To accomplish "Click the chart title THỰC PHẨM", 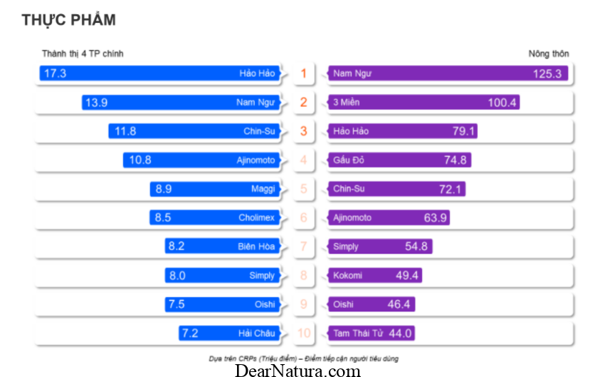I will [x=68, y=21].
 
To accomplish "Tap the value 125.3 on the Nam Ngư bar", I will [x=547, y=73].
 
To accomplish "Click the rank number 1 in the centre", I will [x=304, y=73].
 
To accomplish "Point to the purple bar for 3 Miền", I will [x=423, y=103].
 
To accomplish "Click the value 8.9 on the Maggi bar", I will [x=163, y=189].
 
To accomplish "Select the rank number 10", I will [x=304, y=333].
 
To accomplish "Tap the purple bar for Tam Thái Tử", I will [x=372, y=333].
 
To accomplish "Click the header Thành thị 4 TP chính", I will [x=78, y=53].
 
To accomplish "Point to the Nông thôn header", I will [x=549, y=53].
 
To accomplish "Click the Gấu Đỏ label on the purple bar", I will [x=349, y=160].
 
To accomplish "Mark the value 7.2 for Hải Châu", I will [x=189, y=333].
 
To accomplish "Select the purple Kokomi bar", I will [x=375, y=275].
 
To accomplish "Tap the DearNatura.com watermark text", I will [x=297, y=370].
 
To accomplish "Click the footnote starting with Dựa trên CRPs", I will [x=303, y=358].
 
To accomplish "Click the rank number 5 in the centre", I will [x=304, y=189].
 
